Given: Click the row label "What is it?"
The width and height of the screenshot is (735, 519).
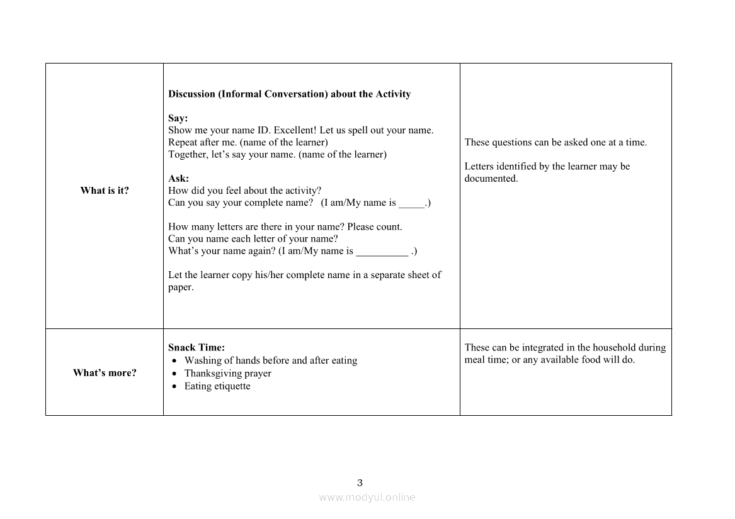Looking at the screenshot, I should (105, 191).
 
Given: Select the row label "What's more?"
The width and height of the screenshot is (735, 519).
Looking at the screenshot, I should (105, 373).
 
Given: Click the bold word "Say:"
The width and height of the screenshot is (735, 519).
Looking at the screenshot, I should (178, 118).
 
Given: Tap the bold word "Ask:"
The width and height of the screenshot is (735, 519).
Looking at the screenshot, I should (178, 179).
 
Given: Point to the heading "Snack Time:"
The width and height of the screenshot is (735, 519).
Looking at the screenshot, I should (197, 347).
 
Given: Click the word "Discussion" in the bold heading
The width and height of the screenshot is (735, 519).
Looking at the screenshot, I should (191, 94).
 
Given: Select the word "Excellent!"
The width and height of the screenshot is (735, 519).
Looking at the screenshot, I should (295, 130).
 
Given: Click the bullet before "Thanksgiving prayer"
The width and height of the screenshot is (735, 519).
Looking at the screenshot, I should (174, 374).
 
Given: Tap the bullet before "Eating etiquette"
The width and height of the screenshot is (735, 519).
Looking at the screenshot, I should (174, 386).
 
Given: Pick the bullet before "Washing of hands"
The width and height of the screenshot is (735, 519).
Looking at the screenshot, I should (174, 361).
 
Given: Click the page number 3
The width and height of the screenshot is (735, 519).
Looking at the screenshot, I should (360, 483).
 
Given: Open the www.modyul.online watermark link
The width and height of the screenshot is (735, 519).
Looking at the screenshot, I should (367, 497).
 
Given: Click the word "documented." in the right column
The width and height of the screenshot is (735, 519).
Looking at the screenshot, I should (491, 179).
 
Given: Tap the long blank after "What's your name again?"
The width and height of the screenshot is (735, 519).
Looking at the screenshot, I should (382, 252).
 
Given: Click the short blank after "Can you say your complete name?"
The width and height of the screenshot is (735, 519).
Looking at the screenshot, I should (412, 203).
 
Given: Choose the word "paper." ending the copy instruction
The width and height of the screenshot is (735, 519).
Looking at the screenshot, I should (181, 287).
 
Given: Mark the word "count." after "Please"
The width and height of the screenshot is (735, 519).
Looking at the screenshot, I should (389, 227).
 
